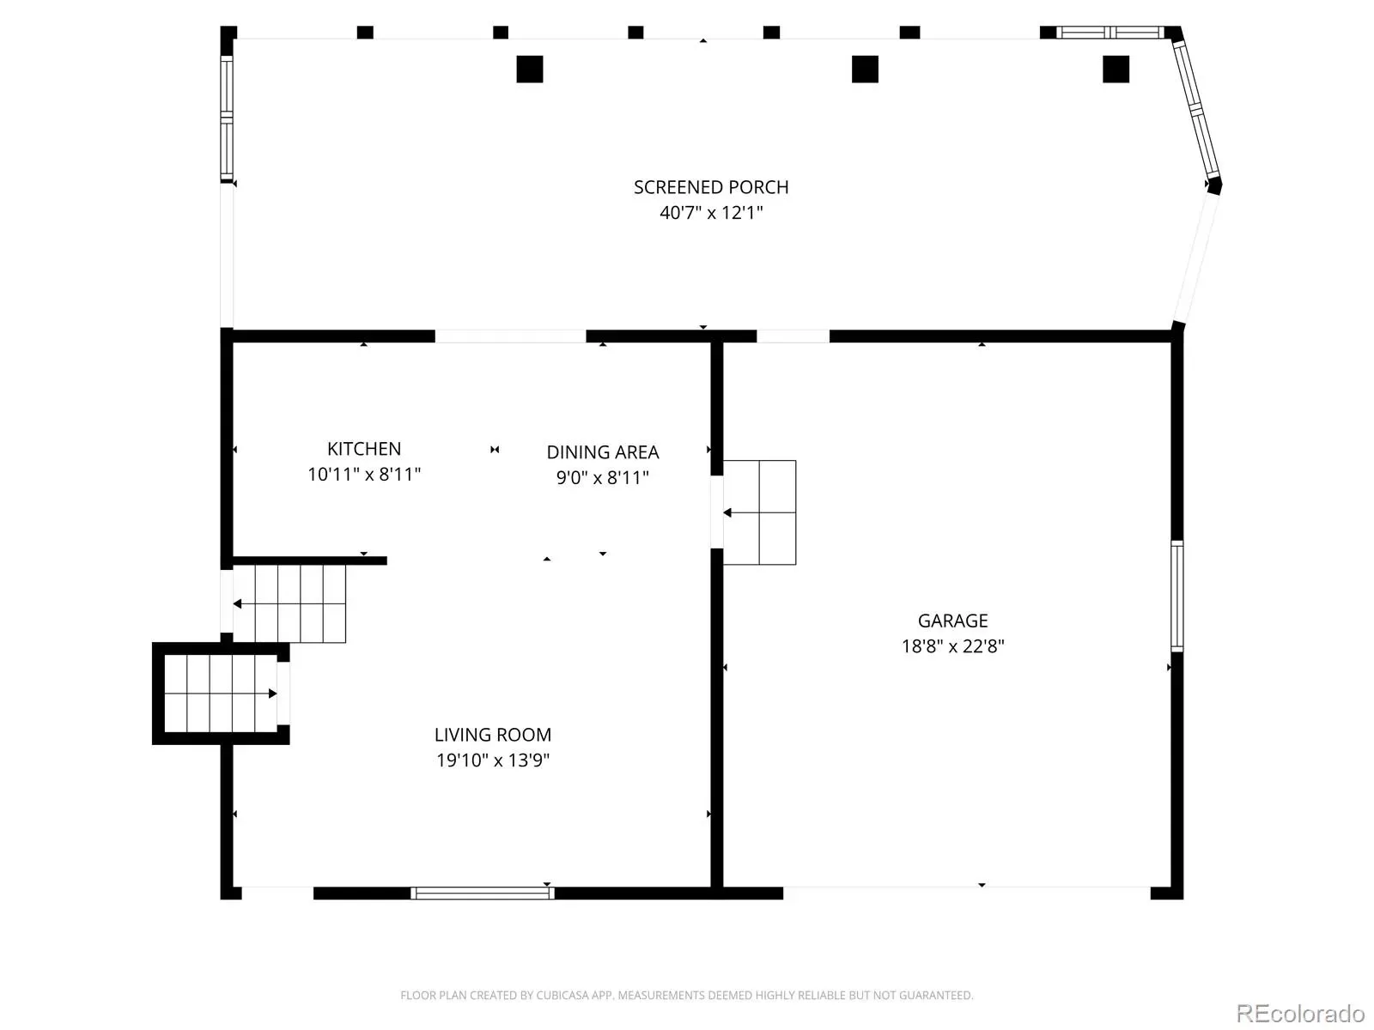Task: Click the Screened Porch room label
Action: [x=710, y=187]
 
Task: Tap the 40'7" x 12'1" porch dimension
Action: [x=711, y=213]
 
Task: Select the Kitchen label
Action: [x=364, y=448]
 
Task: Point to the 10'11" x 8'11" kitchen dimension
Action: [x=364, y=474]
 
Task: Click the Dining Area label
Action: [x=602, y=451]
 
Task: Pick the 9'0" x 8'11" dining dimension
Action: [x=602, y=477]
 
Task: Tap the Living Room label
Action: [x=493, y=734]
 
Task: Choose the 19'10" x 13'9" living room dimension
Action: [x=493, y=760]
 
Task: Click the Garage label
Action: [x=952, y=621]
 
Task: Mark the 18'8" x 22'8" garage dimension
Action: [x=952, y=646]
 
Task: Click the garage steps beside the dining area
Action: [x=759, y=512]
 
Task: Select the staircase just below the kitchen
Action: [x=289, y=603]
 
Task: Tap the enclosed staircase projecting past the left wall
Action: [x=221, y=694]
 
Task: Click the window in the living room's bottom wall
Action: [x=482, y=893]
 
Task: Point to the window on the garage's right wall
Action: [x=1176, y=596]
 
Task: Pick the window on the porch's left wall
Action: [x=227, y=118]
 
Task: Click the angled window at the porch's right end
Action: [x=1196, y=109]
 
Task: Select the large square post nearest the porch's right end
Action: [x=1116, y=69]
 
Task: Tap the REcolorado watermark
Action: [x=1300, y=1013]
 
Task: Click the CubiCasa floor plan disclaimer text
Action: [x=687, y=995]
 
